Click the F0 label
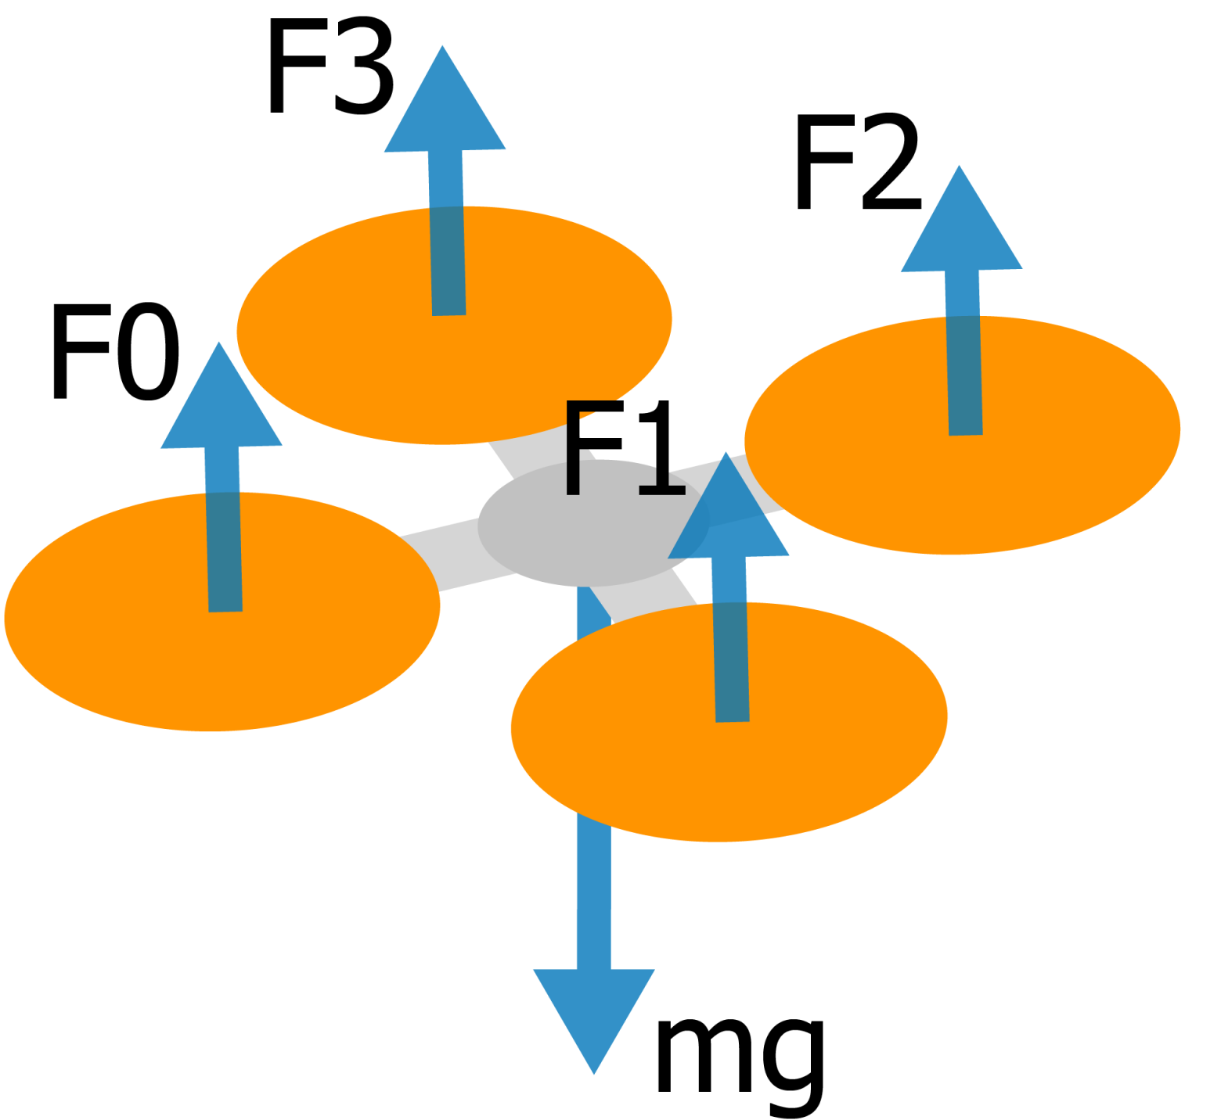(x=116, y=351)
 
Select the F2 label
(x=858, y=162)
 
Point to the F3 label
(x=330, y=66)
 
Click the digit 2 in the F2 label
(x=891, y=162)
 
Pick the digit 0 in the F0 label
(x=148, y=351)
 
